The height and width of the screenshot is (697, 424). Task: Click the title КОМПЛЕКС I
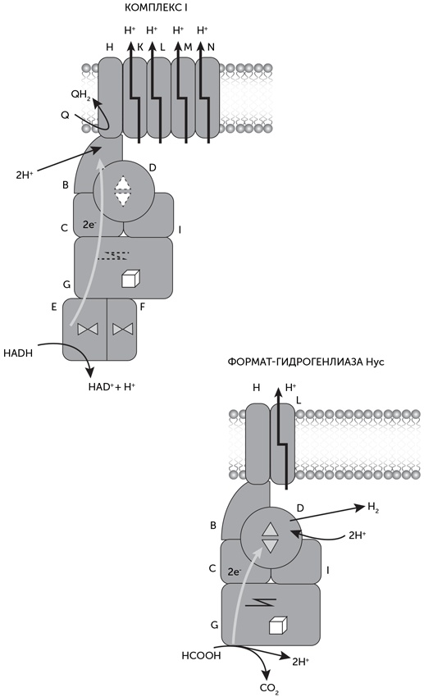157,7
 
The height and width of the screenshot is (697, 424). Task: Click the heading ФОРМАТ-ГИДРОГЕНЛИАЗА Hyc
306,362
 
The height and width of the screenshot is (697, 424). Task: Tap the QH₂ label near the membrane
80,94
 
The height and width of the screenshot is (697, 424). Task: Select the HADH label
18,353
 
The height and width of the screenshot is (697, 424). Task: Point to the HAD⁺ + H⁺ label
112,386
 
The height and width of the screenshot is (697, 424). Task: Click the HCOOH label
201,655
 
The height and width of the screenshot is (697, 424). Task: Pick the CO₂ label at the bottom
269,689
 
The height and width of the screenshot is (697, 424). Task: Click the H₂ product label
373,508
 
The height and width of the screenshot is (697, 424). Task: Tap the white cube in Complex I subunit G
131,279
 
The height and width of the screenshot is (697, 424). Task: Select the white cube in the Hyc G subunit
278,625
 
